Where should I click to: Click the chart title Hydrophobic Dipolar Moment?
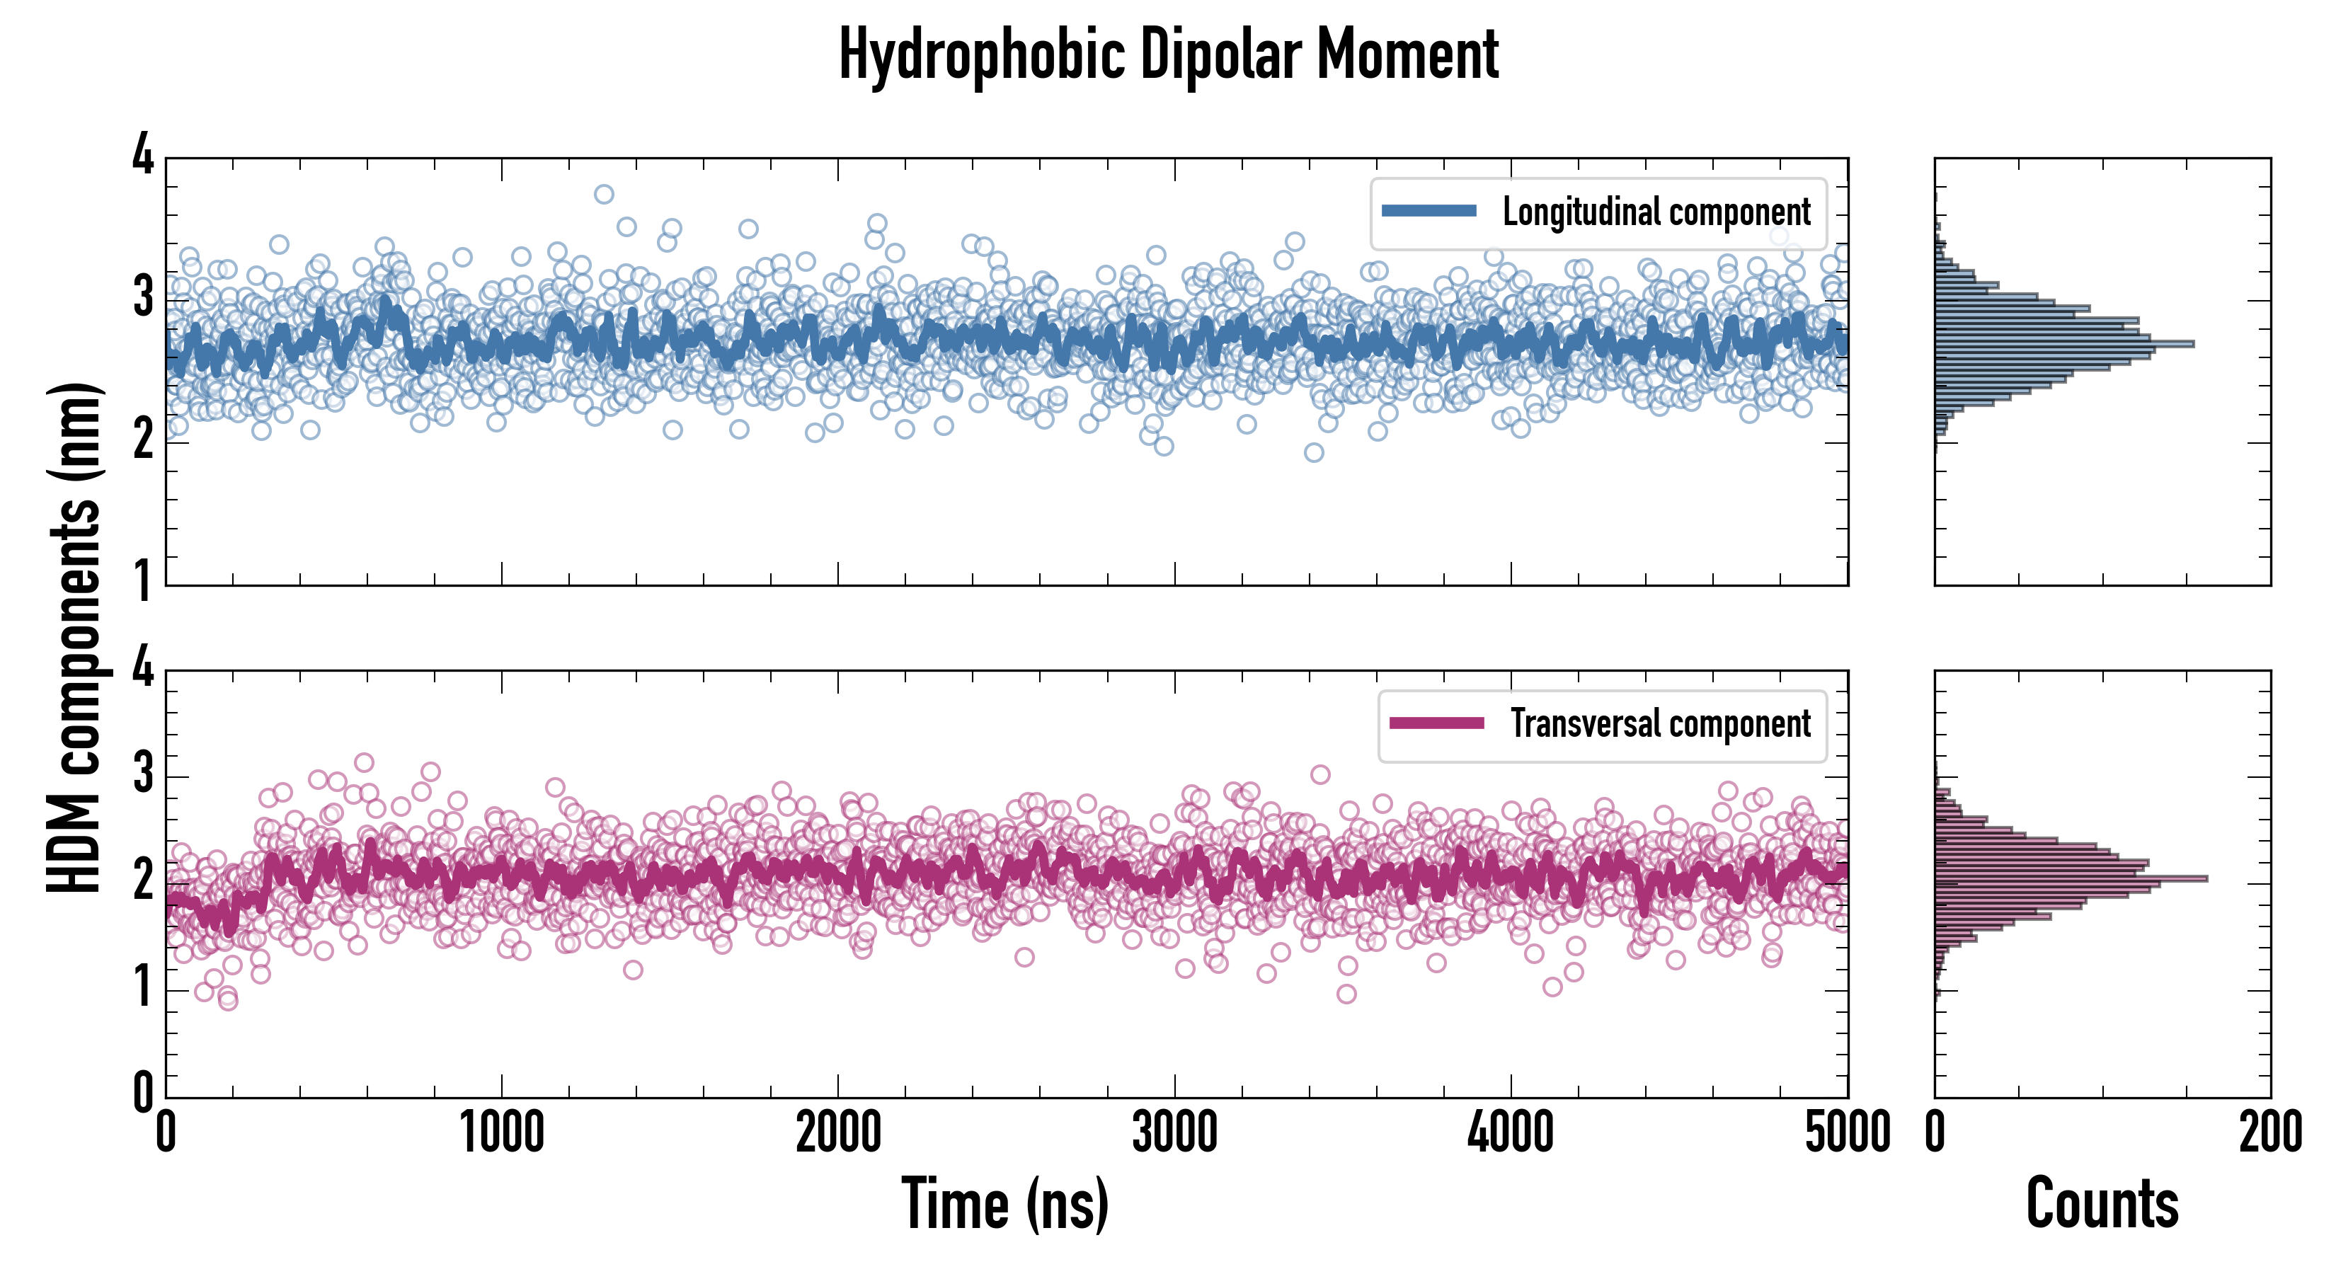coord(1168,54)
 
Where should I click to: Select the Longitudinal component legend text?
coord(1656,212)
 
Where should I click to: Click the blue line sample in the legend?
coord(1428,212)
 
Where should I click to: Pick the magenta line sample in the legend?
coord(1436,723)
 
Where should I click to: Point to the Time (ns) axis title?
coord(1004,1204)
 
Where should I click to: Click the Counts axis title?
coord(2102,1204)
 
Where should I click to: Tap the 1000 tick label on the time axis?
coord(501,1133)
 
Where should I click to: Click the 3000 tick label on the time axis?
coord(1174,1133)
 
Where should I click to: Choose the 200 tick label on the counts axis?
coord(2269,1133)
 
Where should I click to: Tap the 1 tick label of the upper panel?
coord(143,581)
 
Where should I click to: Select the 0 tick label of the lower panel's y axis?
coord(143,1093)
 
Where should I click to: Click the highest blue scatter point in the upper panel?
coord(604,194)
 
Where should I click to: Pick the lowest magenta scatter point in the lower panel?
coord(229,1001)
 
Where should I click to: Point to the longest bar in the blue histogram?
coord(2064,344)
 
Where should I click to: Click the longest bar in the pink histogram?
coord(2071,878)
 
